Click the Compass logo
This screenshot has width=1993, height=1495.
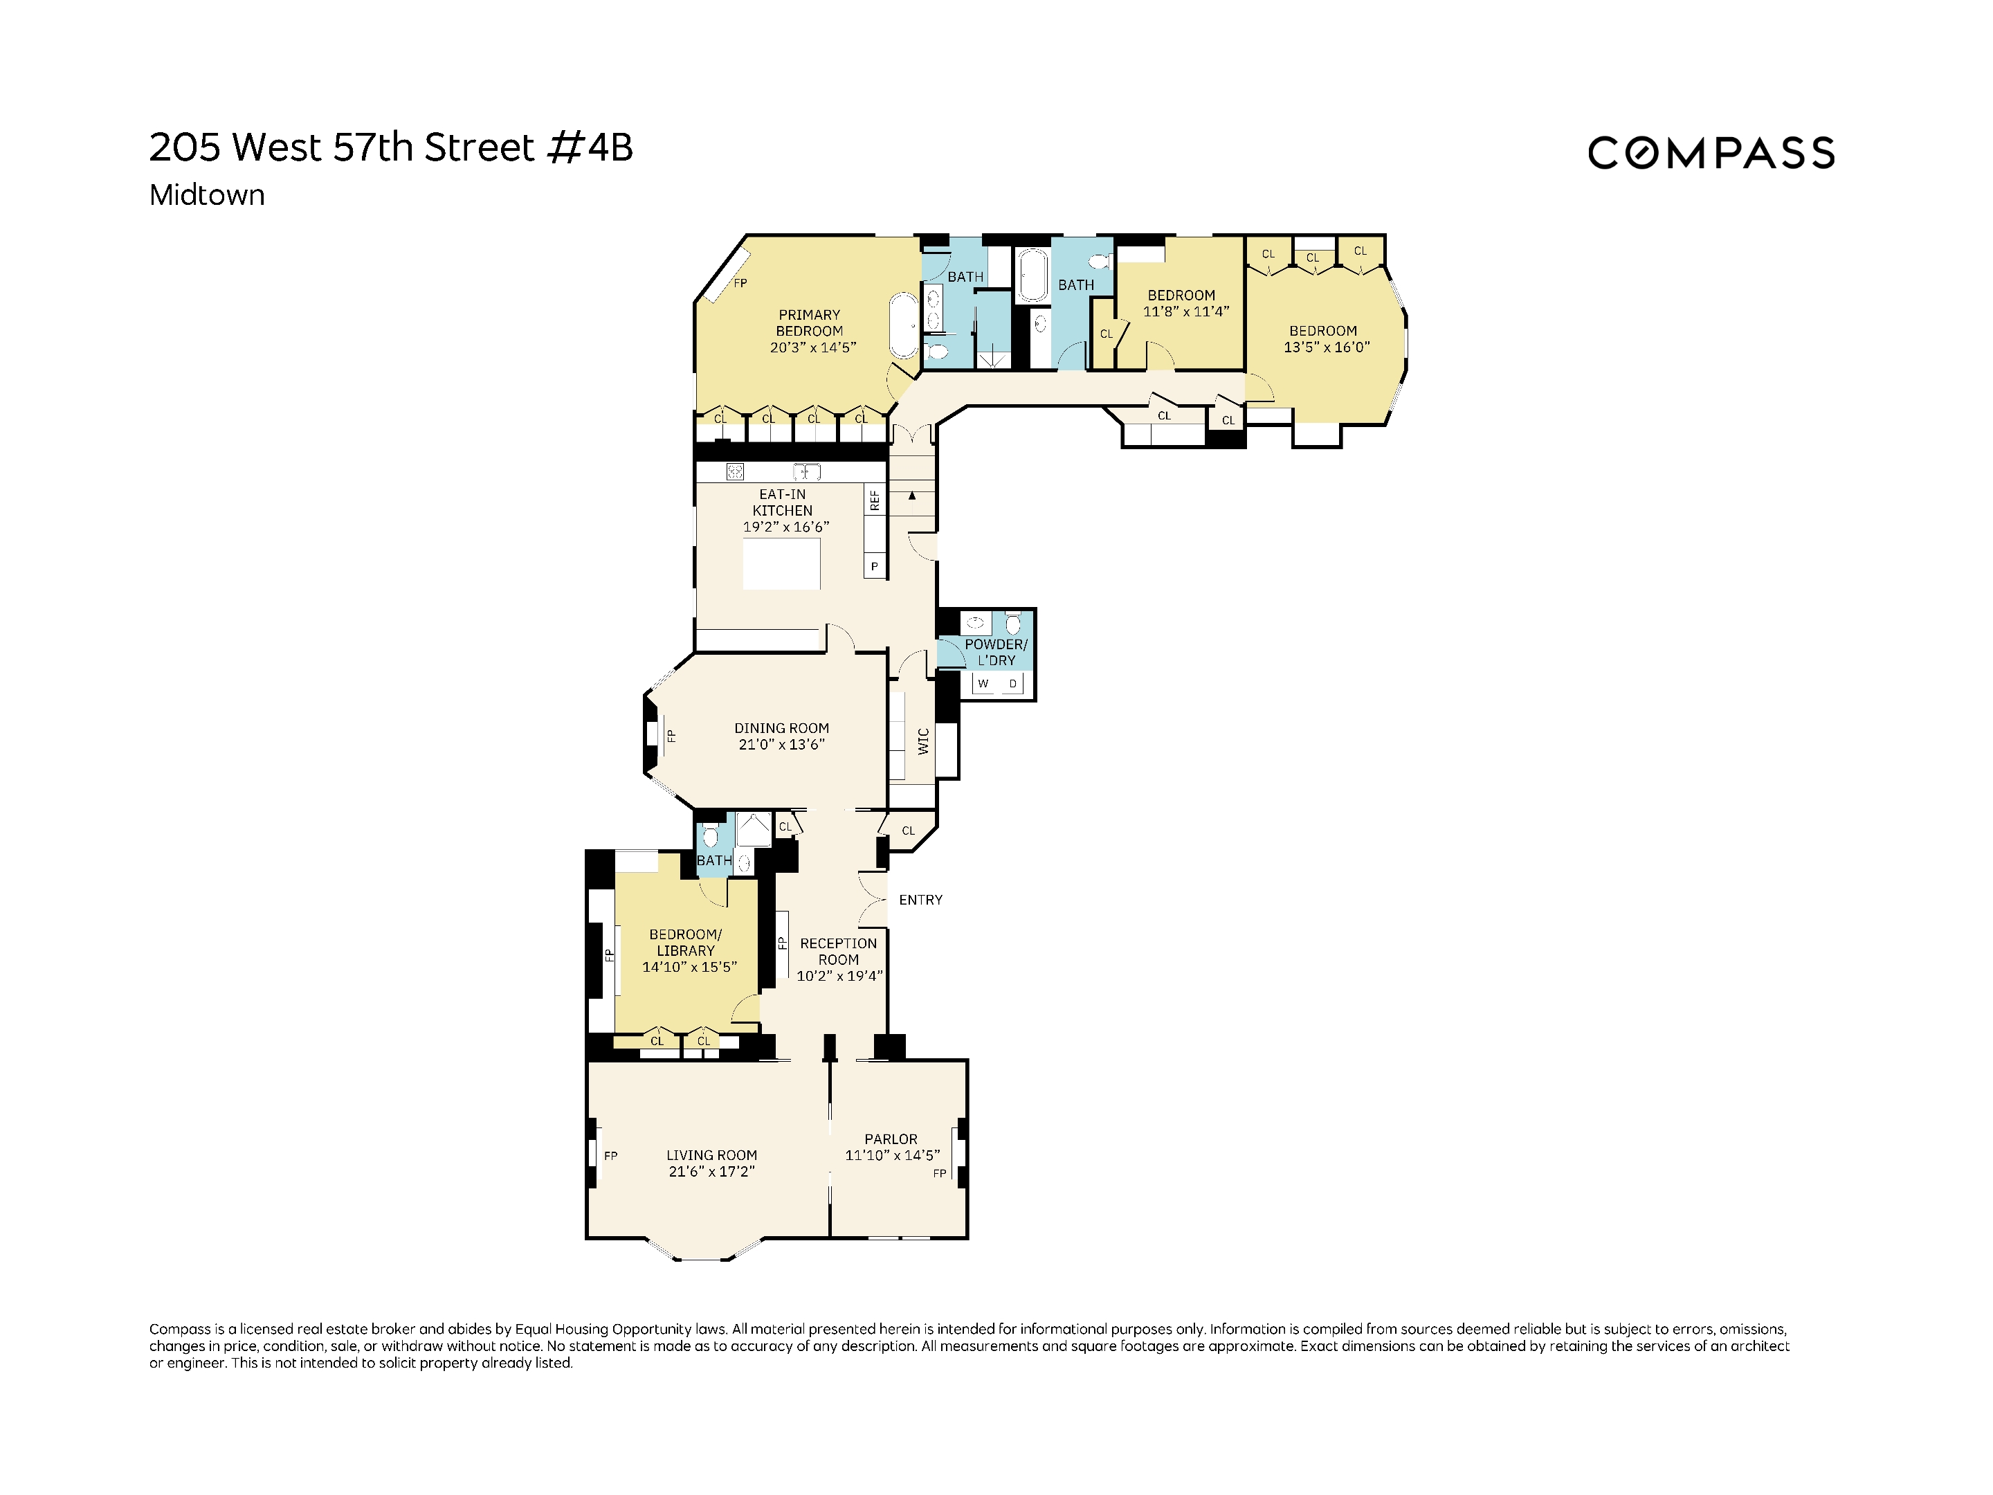[x=1710, y=152]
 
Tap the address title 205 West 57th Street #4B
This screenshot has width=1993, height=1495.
[x=391, y=148]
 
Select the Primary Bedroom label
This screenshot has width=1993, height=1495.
[x=810, y=331]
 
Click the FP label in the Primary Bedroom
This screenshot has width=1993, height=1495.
[x=740, y=283]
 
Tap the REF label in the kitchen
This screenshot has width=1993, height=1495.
[x=874, y=501]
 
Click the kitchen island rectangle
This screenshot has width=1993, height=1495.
[x=781, y=564]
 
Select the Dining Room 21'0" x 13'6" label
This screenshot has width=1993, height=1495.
[x=781, y=736]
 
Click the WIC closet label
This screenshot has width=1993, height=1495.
[x=922, y=741]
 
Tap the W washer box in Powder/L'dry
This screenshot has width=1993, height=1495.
[x=983, y=684]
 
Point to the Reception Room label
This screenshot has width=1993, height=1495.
[x=838, y=959]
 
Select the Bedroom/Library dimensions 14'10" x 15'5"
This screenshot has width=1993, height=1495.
[x=689, y=967]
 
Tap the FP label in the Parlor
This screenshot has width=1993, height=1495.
[x=940, y=1173]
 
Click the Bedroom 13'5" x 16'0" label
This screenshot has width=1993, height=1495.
[x=1325, y=339]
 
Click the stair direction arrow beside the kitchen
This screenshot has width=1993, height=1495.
[x=912, y=496]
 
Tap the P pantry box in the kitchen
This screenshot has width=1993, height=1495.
[x=874, y=567]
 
